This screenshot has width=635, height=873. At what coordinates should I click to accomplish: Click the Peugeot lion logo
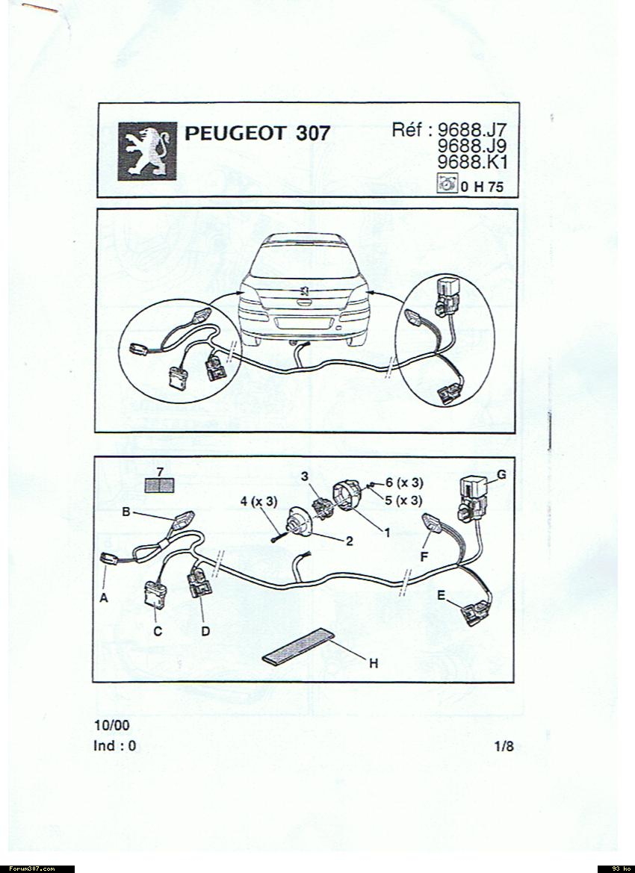click(x=147, y=152)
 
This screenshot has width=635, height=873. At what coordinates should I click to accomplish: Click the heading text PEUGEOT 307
click(x=257, y=134)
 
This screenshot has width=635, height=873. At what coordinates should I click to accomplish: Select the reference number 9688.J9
click(x=472, y=146)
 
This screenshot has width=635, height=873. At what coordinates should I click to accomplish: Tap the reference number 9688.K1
click(x=472, y=162)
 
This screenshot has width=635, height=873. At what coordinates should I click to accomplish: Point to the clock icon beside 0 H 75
click(x=447, y=183)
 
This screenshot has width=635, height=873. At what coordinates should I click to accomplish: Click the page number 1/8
click(x=504, y=746)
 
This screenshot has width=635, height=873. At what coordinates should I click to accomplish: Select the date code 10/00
click(x=112, y=725)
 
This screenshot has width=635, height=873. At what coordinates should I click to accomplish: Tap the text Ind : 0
click(x=115, y=746)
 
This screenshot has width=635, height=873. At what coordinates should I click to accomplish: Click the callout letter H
click(x=374, y=663)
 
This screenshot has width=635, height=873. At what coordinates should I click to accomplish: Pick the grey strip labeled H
click(x=299, y=647)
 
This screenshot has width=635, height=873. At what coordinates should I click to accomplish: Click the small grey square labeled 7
click(x=159, y=485)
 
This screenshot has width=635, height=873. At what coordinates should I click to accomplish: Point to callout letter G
click(x=501, y=475)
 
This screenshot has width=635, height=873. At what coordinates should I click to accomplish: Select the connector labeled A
click(x=108, y=559)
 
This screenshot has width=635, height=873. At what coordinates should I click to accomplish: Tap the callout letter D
click(x=205, y=631)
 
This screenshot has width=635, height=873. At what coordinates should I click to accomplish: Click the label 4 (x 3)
click(x=258, y=501)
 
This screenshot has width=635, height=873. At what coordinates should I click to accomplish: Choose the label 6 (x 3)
click(x=404, y=482)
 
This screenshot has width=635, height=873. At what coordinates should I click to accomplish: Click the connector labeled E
click(x=475, y=613)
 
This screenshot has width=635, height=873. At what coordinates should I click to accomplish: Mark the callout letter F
click(x=424, y=556)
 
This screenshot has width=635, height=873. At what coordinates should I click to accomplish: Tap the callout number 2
click(x=350, y=541)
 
